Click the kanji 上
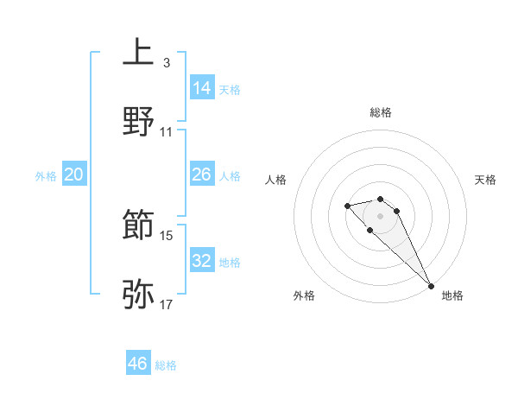click(x=138, y=52)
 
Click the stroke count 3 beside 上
click(x=166, y=62)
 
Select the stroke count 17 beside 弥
click(x=167, y=304)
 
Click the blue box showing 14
click(x=202, y=87)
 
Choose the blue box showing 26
click(x=202, y=174)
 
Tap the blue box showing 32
click(x=202, y=261)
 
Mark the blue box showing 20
click(x=74, y=174)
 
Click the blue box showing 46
click(x=138, y=364)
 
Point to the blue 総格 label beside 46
click(x=166, y=365)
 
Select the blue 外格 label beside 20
click(x=46, y=176)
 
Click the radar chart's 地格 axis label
click(x=452, y=295)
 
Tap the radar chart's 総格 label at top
click(x=381, y=112)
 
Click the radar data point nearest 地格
click(x=430, y=286)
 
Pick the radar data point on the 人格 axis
click(x=347, y=206)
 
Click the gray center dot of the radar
click(x=381, y=215)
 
